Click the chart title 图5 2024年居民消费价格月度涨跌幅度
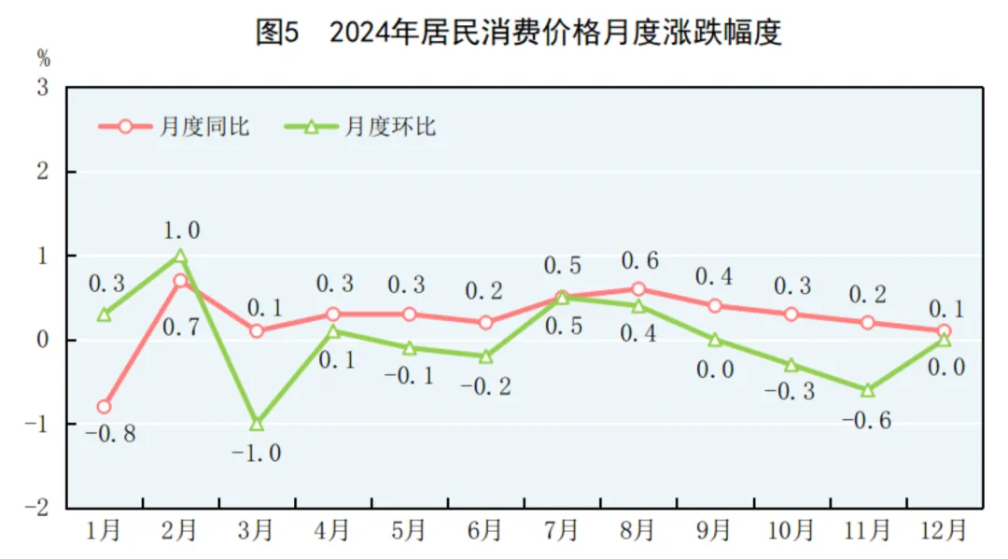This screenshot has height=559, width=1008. [x=518, y=33]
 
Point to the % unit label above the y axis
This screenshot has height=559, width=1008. [x=43, y=59]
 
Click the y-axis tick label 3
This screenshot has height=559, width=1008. [x=43, y=89]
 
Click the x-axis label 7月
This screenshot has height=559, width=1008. [x=561, y=531]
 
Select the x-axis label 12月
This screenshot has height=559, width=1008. [x=944, y=531]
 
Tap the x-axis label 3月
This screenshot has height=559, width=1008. [x=256, y=531]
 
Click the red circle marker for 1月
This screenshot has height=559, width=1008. [x=104, y=407]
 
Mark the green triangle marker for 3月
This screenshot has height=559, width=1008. [x=256, y=424]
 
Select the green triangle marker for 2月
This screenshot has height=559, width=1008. [x=180, y=256]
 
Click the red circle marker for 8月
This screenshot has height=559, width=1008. [x=638, y=289]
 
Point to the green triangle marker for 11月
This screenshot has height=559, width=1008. [x=867, y=390]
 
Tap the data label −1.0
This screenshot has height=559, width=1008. [x=256, y=453]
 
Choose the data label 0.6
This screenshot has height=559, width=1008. [x=638, y=261]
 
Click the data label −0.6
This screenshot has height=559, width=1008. [x=866, y=420]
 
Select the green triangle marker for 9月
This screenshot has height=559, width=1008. [x=714, y=340]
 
